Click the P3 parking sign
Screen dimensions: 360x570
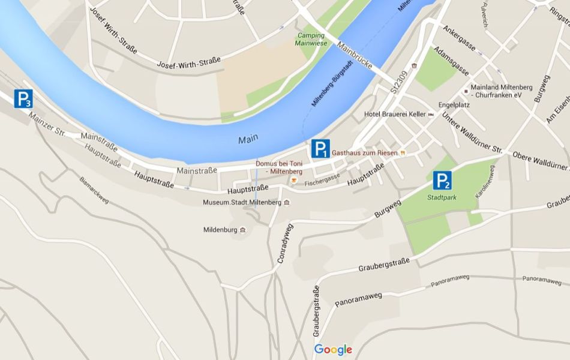pyautogui.click(x=23, y=99)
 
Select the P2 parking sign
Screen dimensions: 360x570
pyautogui.click(x=443, y=180)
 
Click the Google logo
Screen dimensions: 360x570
pyautogui.click(x=333, y=350)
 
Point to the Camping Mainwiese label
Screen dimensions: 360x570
pyautogui.click(x=312, y=39)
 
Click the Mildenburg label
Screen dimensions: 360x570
pyautogui.click(x=221, y=229)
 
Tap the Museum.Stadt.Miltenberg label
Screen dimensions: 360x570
pyautogui.click(x=242, y=203)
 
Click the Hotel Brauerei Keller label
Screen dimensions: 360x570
pyautogui.click(x=395, y=114)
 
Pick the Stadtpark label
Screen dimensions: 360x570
pyautogui.click(x=442, y=197)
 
